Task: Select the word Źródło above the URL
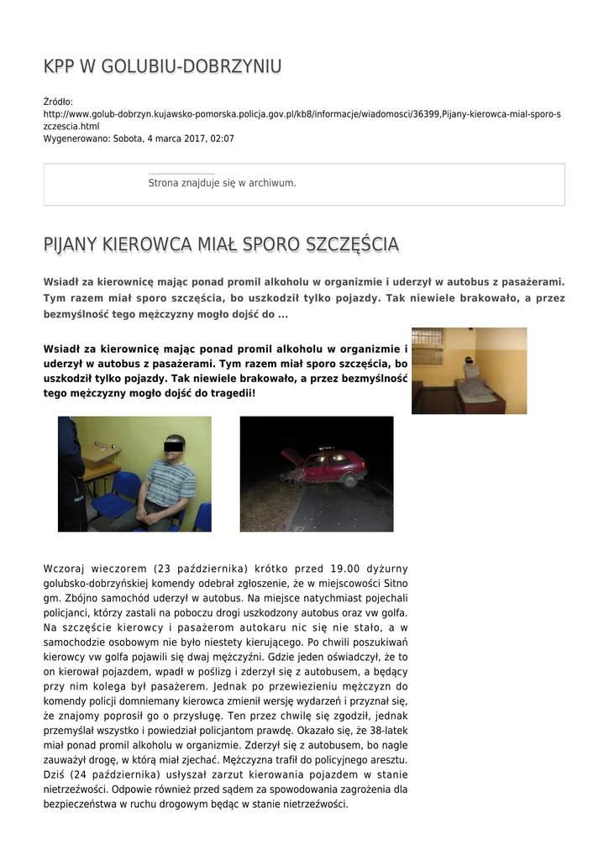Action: [58, 102]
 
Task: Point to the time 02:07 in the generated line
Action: [222, 139]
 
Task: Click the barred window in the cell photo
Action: [427, 346]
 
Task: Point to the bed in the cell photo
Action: [481, 391]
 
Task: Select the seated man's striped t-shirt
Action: [171, 483]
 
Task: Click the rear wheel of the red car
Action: [349, 480]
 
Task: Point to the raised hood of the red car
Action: [291, 457]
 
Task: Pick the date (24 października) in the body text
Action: [112, 773]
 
